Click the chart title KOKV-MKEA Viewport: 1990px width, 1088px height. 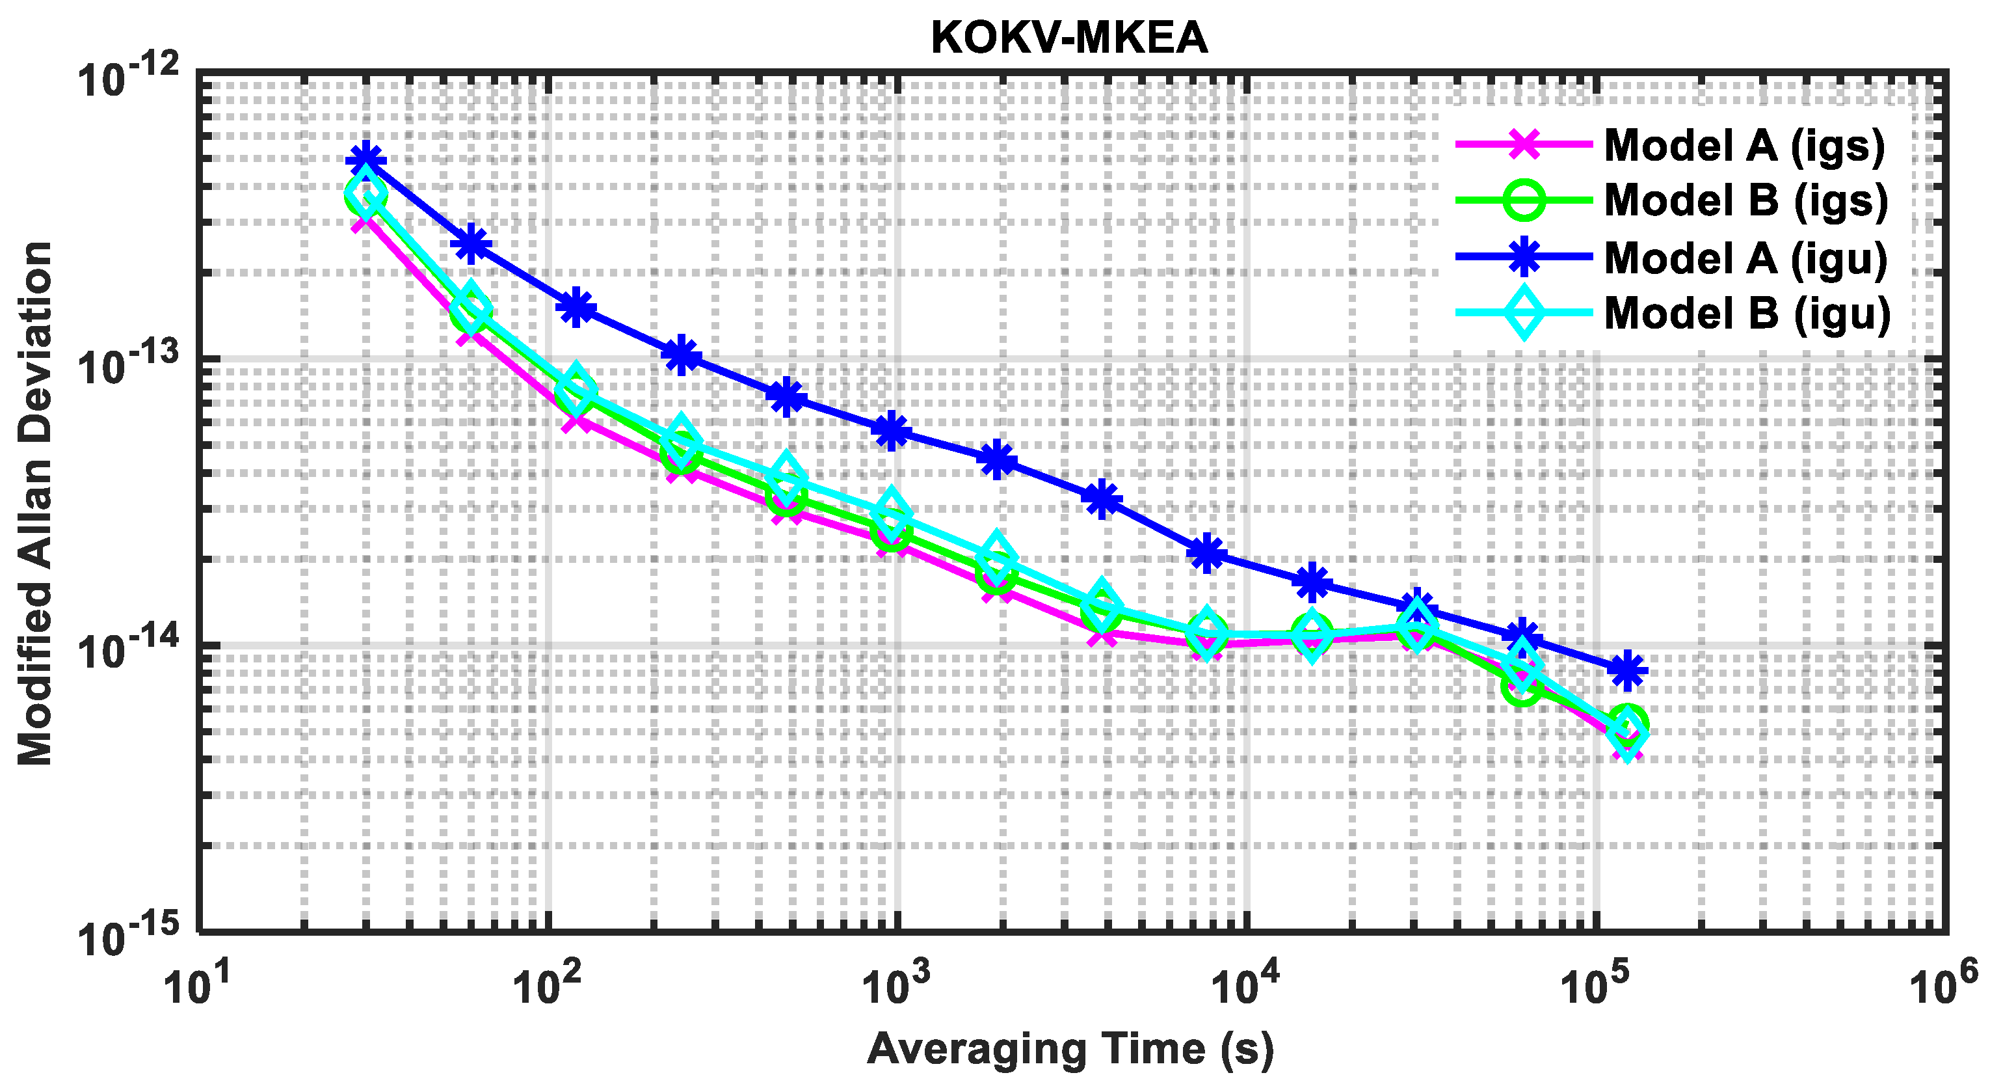coord(1069,37)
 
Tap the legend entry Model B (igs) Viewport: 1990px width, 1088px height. coord(1745,200)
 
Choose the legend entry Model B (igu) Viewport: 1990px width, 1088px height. coord(1747,314)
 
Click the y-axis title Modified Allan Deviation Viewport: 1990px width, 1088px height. coord(34,502)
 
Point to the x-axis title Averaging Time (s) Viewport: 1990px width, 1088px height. coord(1070,1050)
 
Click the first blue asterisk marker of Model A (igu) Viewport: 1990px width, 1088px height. coord(366,161)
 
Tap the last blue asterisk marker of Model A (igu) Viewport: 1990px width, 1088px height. coord(1628,669)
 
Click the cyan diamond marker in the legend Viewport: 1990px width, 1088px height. coord(1524,313)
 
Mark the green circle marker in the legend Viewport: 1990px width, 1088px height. coord(1524,200)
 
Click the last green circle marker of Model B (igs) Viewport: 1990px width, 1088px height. coord(1628,722)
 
